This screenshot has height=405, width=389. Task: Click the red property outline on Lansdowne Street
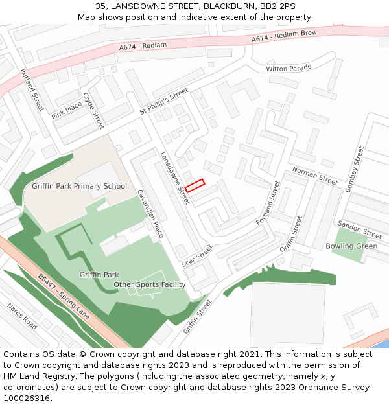[x=194, y=185]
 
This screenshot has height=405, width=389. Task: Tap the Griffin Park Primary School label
[x=79, y=186]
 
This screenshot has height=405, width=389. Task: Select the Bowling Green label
[x=352, y=246]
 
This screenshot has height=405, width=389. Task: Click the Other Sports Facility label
[x=150, y=284]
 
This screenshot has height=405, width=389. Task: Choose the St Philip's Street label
[x=163, y=102]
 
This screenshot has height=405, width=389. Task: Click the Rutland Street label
[x=32, y=90]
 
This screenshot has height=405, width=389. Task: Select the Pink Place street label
[x=67, y=110]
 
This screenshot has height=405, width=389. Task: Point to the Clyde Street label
[x=93, y=110]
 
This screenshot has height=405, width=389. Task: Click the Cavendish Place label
[x=150, y=213]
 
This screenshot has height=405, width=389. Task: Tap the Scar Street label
[x=197, y=255]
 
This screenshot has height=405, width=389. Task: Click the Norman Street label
[x=315, y=176]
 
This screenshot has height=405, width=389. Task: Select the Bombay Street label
[x=355, y=168]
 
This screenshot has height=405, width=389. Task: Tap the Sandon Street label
[x=360, y=229]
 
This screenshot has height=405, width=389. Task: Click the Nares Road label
[x=22, y=315]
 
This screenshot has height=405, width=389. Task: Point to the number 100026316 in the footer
[x=27, y=398]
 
